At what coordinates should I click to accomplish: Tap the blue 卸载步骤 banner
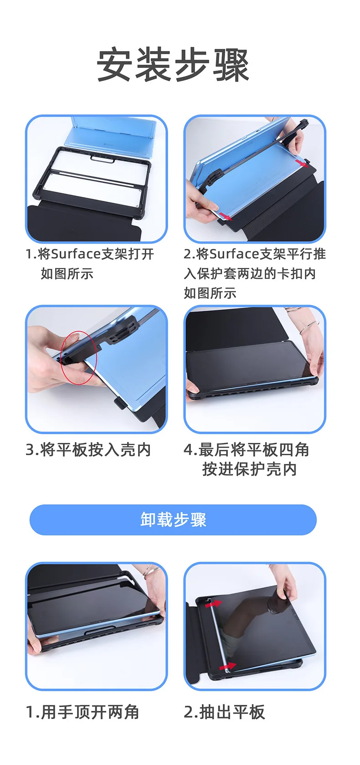(173, 520)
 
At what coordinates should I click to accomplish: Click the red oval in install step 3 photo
(79, 357)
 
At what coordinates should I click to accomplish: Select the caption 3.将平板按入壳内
(88, 450)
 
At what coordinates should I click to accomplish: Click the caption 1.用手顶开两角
(82, 713)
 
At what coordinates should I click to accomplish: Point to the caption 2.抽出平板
(224, 713)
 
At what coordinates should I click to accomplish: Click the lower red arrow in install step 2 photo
(226, 216)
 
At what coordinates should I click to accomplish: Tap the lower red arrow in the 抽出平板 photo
(227, 666)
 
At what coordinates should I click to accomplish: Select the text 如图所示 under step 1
(67, 273)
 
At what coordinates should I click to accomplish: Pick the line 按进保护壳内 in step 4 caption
(249, 469)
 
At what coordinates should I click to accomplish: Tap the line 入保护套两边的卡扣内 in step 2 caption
(249, 273)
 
